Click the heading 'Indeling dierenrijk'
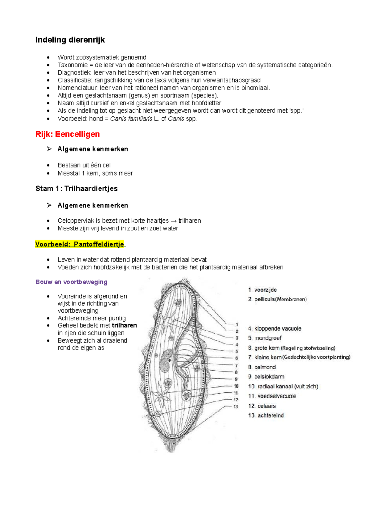coord(70,40)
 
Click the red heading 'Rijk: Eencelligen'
coord(68,134)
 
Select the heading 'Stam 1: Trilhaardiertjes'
coord(76,189)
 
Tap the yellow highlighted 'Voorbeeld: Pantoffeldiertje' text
coord(80,244)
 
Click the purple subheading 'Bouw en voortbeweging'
coord(71,282)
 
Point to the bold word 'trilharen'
coord(124,326)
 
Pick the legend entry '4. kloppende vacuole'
coord(274,329)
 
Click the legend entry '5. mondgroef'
coord(265,338)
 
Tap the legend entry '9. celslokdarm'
coord(266,377)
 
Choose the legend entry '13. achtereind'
coord(266,416)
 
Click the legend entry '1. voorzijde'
coord(262,290)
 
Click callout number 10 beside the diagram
coord(236,386)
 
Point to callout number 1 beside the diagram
coord(237,325)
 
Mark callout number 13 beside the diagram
coord(236,407)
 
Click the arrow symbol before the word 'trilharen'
coord(174,221)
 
